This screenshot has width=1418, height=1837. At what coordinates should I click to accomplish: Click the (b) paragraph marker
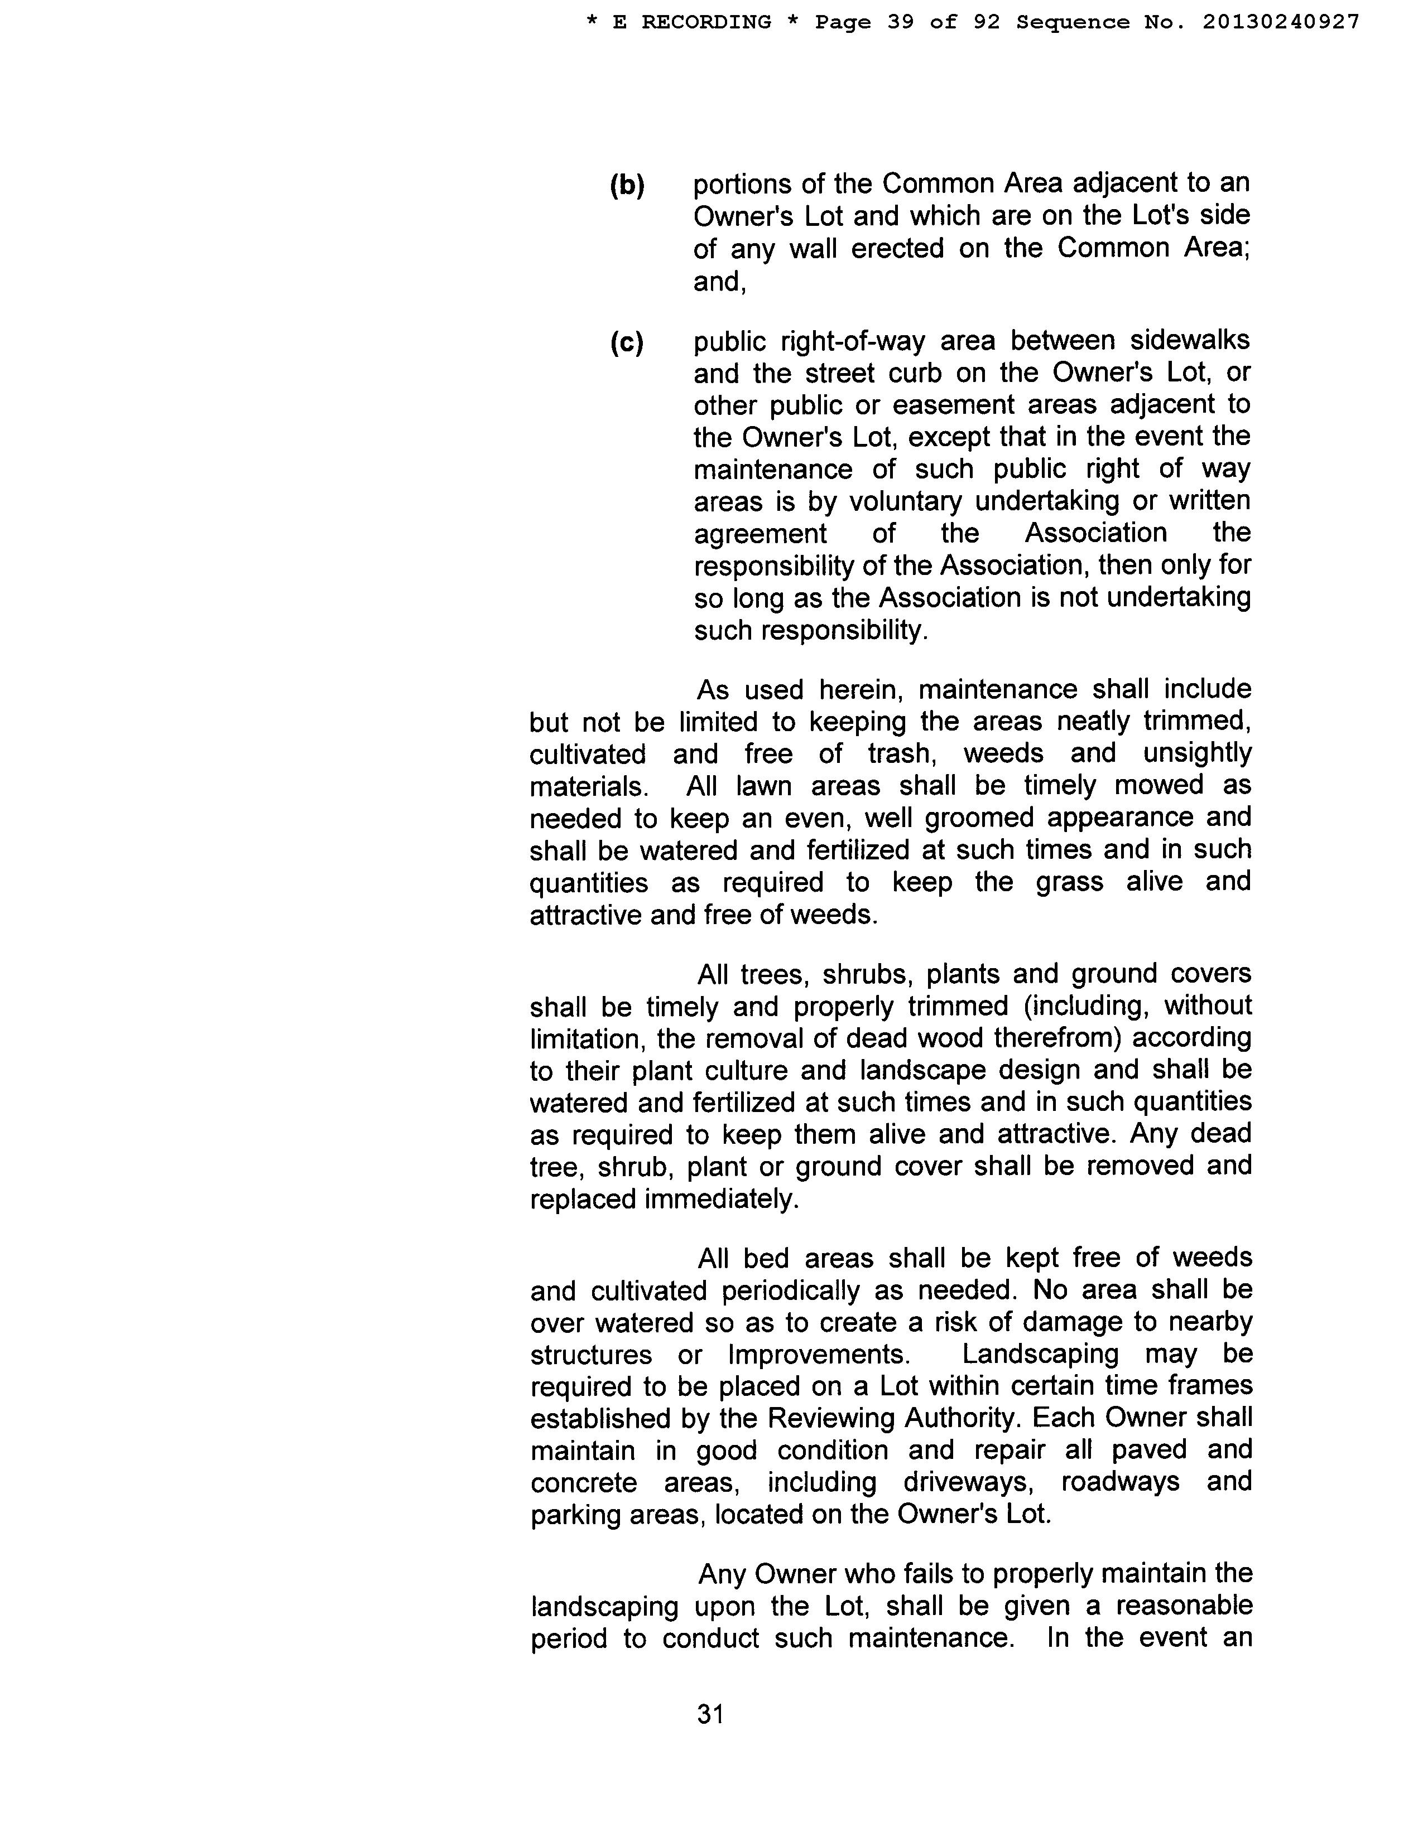pyautogui.click(x=627, y=185)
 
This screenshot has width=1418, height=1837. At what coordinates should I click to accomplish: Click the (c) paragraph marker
pyautogui.click(x=627, y=342)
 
